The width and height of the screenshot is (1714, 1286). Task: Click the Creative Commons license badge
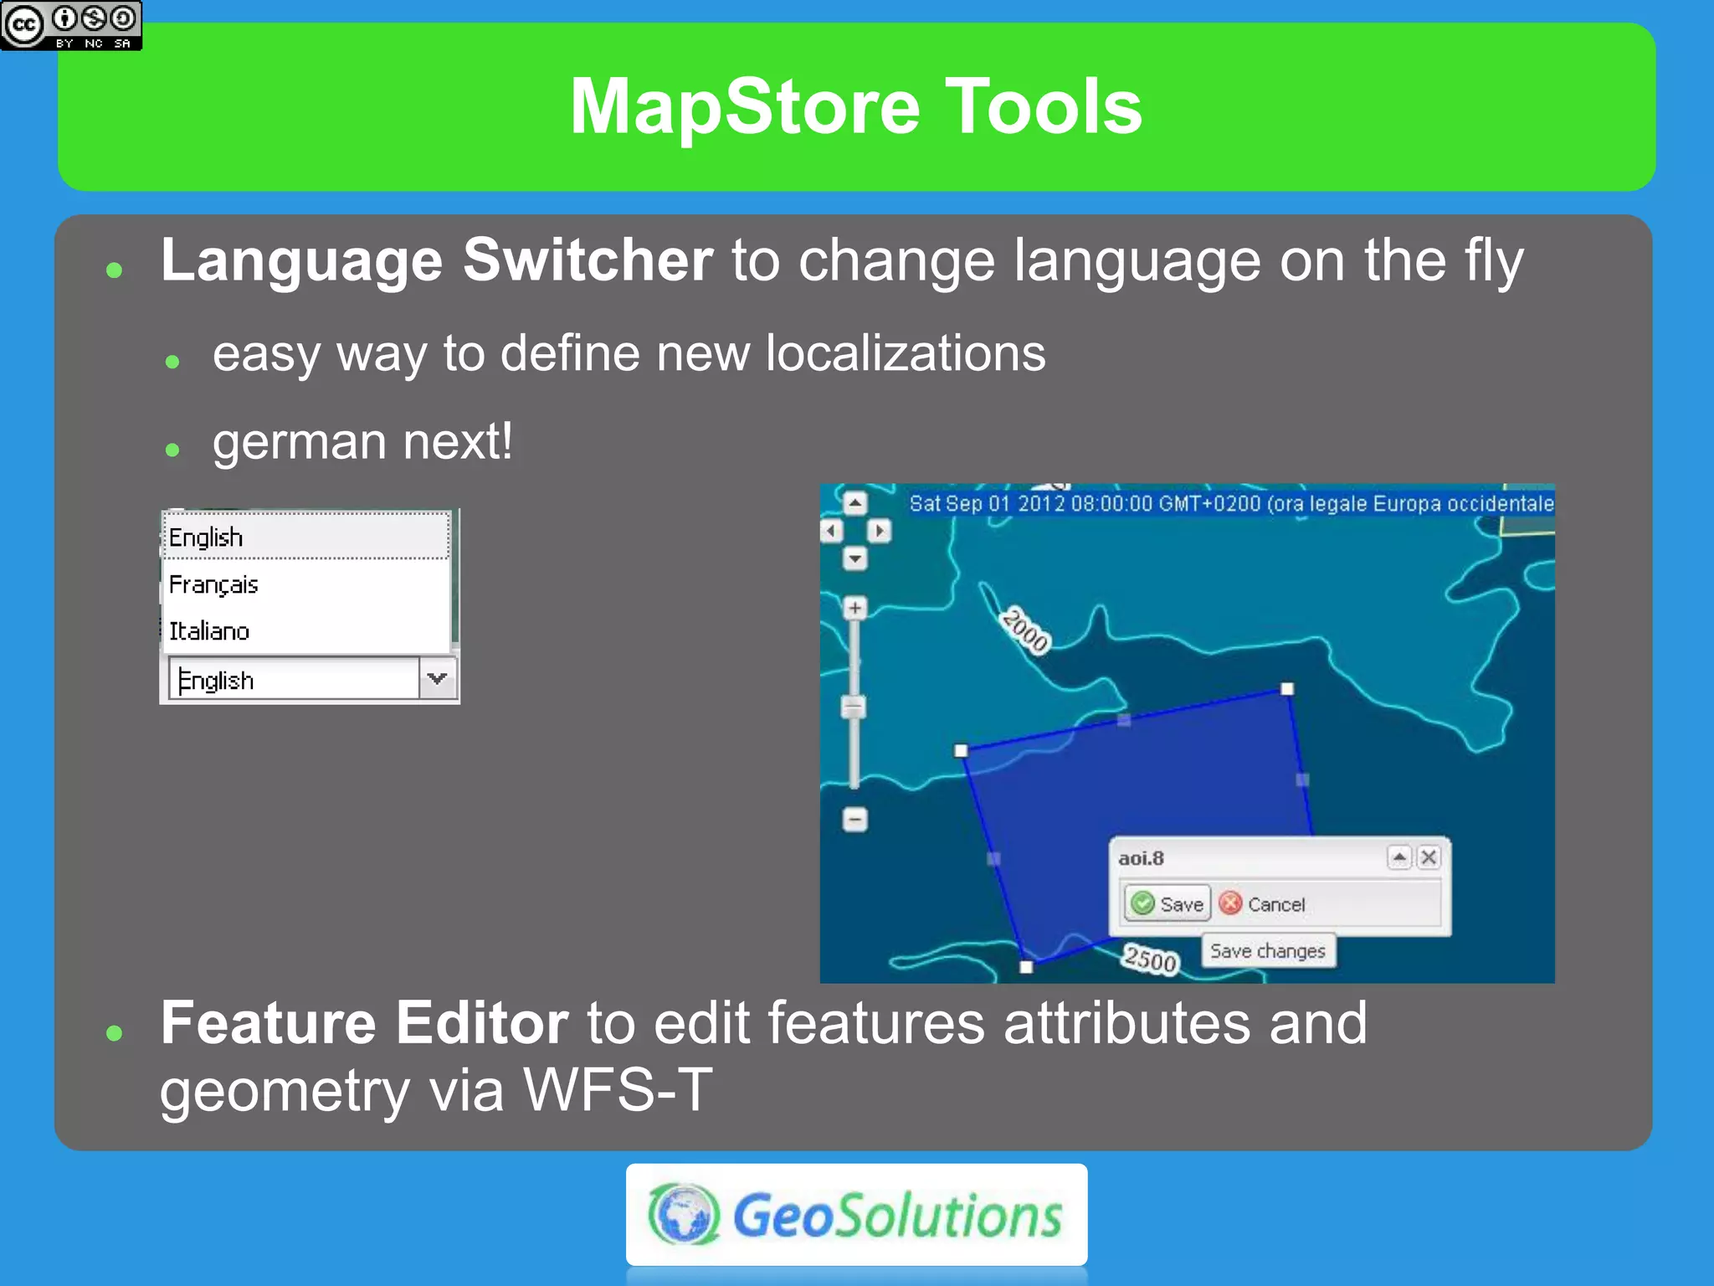[71, 25]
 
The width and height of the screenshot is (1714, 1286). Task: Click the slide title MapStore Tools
[855, 106]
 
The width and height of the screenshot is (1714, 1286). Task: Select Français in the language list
[214, 584]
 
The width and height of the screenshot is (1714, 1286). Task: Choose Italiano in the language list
[209, 630]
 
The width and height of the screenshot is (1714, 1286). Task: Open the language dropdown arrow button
[437, 678]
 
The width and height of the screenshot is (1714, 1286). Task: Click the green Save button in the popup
[1167, 903]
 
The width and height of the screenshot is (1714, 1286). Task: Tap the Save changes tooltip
[1267, 951]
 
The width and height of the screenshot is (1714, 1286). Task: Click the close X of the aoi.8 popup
[1429, 857]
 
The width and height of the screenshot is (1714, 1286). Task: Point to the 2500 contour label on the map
[1151, 959]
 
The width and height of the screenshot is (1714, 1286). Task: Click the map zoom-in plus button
[854, 608]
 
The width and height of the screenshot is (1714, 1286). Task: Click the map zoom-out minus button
[854, 819]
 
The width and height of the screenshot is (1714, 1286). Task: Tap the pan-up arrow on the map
[854, 503]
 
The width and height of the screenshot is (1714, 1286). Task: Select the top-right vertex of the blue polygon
[1287, 689]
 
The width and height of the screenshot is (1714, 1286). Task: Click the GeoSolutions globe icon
[684, 1215]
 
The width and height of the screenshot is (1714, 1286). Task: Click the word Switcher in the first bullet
[588, 260]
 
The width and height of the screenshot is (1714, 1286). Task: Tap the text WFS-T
[618, 1089]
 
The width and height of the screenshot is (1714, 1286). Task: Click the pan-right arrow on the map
[879, 531]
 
